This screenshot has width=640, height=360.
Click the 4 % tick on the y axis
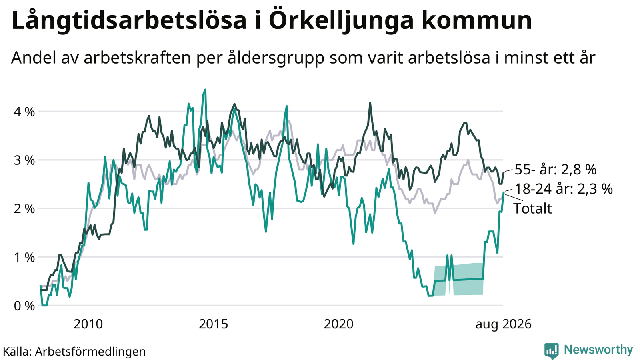[x=24, y=112]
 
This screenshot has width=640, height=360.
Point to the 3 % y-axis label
[x=24, y=160]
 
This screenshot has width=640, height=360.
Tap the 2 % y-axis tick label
[x=24, y=209]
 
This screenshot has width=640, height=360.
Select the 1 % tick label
[x=24, y=258]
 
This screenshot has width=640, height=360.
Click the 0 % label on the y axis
[x=24, y=306]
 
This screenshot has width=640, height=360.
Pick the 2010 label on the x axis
[x=88, y=324]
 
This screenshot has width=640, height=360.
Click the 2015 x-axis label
[x=214, y=324]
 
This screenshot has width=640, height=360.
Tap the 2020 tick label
[x=338, y=324]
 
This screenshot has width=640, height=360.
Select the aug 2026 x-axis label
[x=503, y=324]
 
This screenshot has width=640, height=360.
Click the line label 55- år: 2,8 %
[x=556, y=170]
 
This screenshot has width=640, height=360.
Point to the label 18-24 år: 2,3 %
[x=564, y=189]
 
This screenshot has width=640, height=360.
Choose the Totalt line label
[x=532, y=208]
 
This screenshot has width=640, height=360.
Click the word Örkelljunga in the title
[x=342, y=20]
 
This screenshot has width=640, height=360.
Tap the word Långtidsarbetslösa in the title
[x=129, y=20]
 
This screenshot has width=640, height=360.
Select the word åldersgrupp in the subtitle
[x=276, y=58]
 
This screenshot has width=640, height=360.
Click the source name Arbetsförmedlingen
[x=90, y=352]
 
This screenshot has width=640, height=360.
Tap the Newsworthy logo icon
[x=552, y=351]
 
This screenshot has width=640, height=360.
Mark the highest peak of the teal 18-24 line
[x=205, y=90]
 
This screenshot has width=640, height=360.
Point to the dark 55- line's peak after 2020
[x=370, y=102]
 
